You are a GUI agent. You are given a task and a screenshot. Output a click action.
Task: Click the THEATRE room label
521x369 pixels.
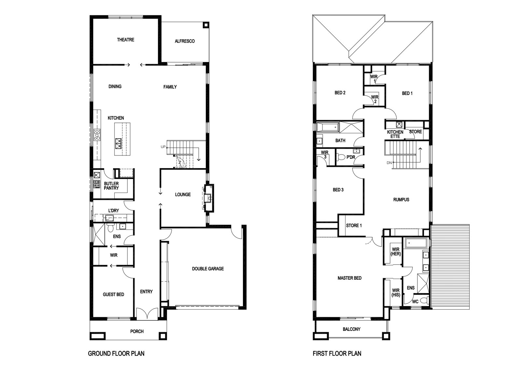pyautogui.click(x=126, y=40)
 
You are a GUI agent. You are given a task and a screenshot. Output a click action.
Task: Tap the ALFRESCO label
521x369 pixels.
pyautogui.click(x=185, y=41)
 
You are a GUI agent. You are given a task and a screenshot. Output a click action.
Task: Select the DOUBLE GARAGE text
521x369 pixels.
pyautogui.click(x=208, y=269)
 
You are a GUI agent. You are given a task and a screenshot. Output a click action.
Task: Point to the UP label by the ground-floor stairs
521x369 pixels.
pyautogui.click(x=163, y=147)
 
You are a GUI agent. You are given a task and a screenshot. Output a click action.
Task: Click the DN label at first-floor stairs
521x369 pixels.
pyautogui.click(x=389, y=163)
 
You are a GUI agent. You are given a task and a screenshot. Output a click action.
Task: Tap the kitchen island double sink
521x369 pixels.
pyautogui.click(x=118, y=143)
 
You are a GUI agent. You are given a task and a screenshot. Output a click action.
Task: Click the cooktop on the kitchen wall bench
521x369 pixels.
pyautogui.click(x=97, y=135)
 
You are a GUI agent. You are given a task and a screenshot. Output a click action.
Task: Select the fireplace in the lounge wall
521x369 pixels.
pyautogui.click(x=209, y=198)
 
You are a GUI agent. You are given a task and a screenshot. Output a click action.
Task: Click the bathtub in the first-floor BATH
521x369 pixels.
pyautogui.click(x=328, y=127)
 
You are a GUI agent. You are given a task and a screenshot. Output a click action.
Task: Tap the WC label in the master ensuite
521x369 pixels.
pyautogui.click(x=415, y=302)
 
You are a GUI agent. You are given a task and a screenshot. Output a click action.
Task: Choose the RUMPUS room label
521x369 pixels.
pyautogui.click(x=401, y=200)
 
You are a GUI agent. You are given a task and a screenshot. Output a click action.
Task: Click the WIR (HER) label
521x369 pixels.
pyautogui.click(x=396, y=252)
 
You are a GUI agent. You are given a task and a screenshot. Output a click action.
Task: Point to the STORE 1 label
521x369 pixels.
pyautogui.click(x=354, y=226)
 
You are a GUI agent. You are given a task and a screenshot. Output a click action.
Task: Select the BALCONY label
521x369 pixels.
pyautogui.click(x=351, y=329)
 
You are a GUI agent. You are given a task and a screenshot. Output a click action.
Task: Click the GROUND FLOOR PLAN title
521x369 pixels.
pyautogui.click(x=116, y=353)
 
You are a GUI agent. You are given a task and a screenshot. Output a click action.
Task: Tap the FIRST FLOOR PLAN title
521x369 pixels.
pyautogui.click(x=337, y=353)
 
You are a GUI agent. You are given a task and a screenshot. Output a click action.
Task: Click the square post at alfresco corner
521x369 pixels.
pyautogui.click(x=206, y=25)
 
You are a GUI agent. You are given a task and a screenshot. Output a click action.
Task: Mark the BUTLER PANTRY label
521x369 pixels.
pyautogui.click(x=111, y=186)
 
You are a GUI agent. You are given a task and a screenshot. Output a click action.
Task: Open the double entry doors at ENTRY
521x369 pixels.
pyautogui.click(x=147, y=314)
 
